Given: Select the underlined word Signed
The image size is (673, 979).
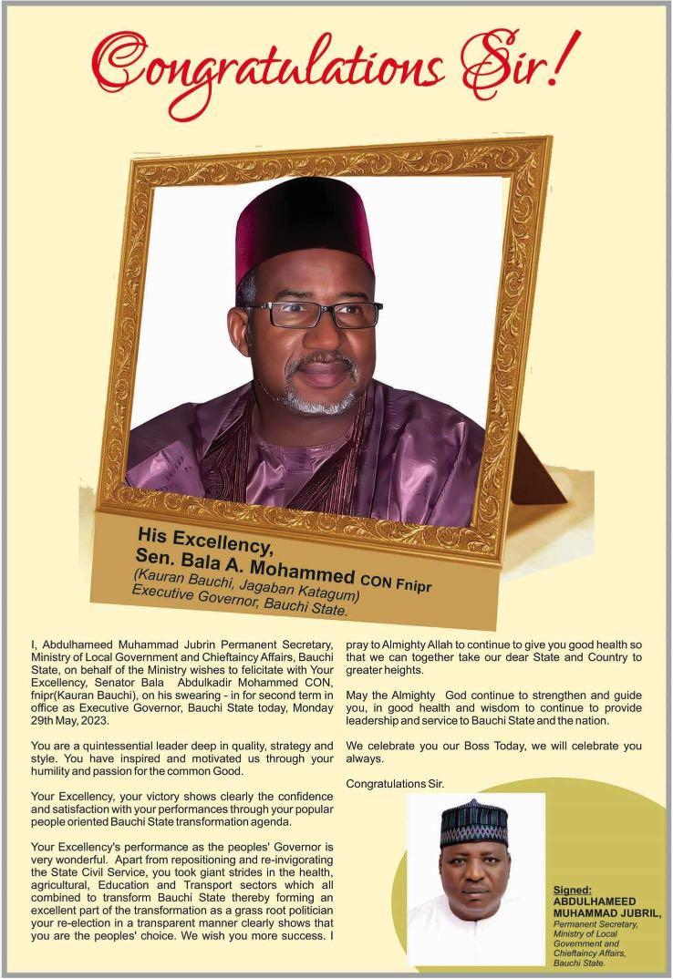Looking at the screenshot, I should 572,889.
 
